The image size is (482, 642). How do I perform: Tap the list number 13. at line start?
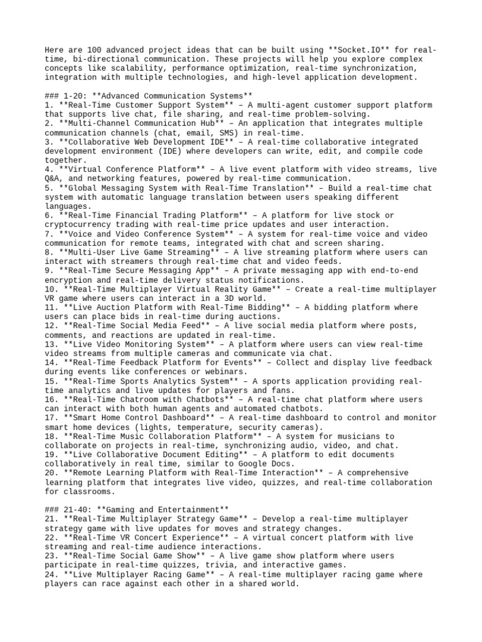52,344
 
